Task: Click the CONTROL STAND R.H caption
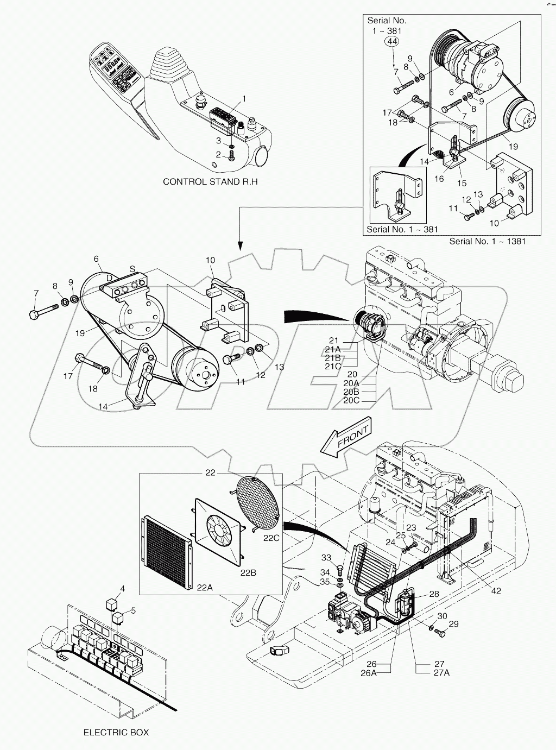[x=210, y=181]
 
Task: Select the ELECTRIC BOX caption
[x=116, y=732]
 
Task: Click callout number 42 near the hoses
[x=496, y=591]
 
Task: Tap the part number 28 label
[x=434, y=594]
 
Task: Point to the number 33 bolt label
[x=326, y=558]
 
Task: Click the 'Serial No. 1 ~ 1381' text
[x=487, y=241]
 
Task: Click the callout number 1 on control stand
[x=244, y=98]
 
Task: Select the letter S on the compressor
[x=131, y=268]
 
